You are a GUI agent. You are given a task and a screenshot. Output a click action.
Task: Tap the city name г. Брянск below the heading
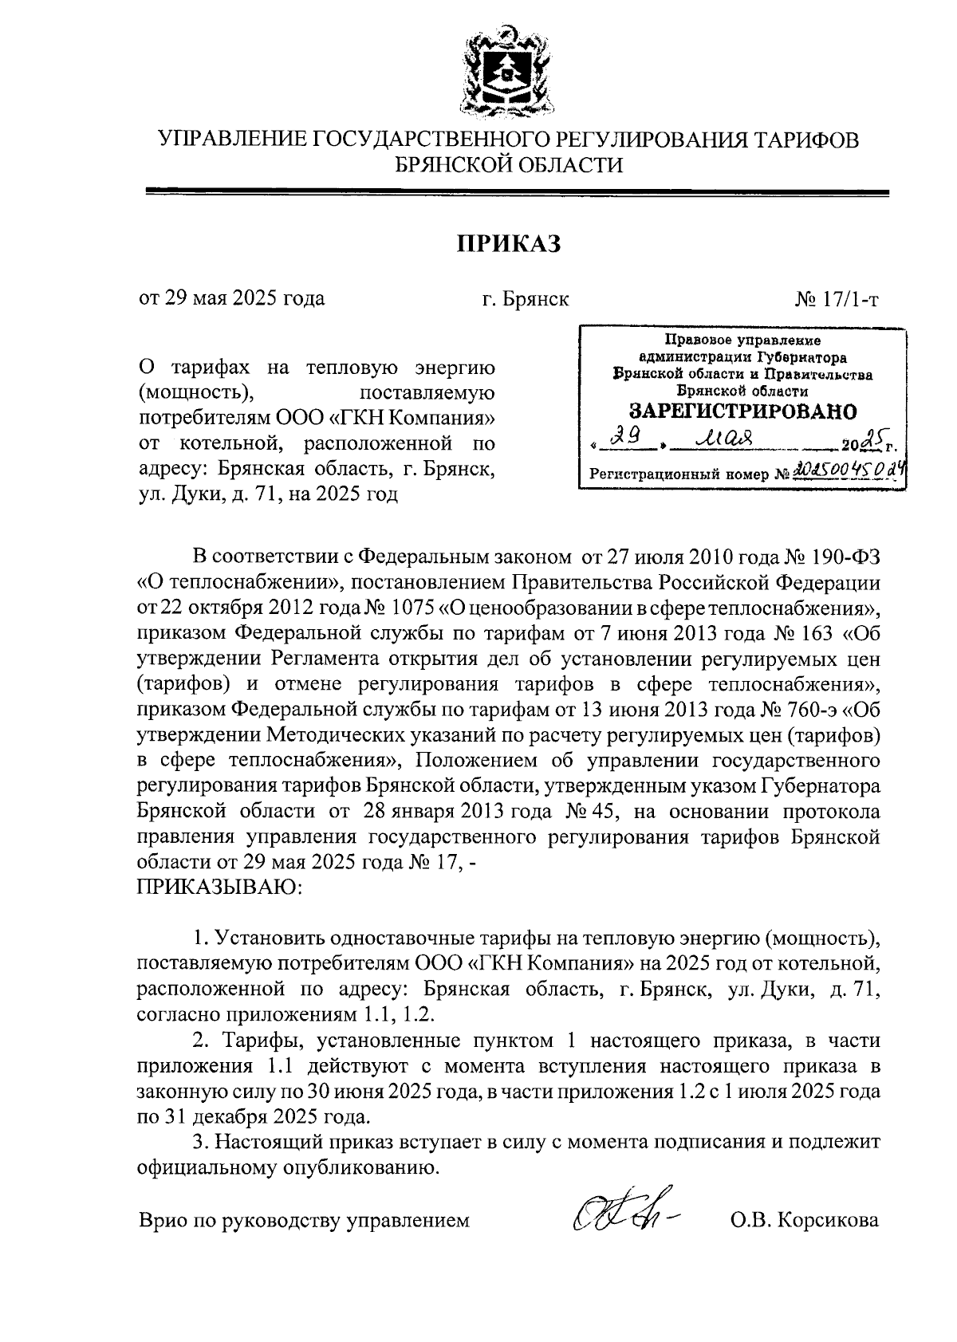[525, 300]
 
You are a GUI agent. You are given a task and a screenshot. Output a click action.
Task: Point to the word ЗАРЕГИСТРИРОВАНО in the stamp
[743, 411]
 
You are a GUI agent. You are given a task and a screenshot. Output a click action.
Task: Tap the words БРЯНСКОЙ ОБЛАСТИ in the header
[509, 165]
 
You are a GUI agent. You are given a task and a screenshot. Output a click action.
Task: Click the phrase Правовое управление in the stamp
[742, 340]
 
